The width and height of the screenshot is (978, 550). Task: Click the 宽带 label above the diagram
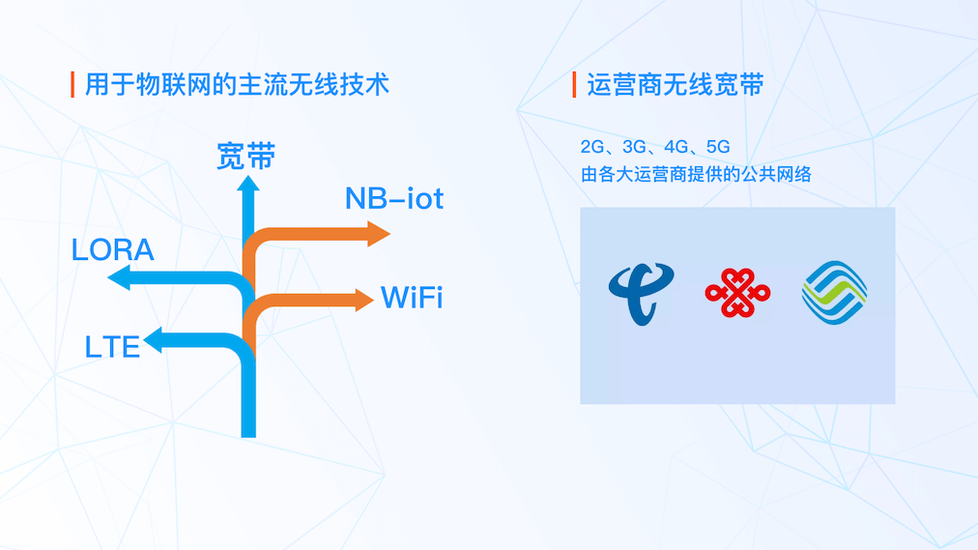(x=245, y=156)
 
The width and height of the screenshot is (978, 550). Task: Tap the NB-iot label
(x=394, y=198)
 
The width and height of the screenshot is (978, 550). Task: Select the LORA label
(x=112, y=249)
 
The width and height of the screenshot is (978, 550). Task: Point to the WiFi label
(x=412, y=297)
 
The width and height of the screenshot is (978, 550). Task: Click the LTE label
(x=113, y=345)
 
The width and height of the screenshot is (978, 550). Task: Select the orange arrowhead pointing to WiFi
(x=364, y=300)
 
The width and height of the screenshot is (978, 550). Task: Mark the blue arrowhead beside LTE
(x=153, y=340)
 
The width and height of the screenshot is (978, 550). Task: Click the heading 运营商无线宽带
(x=676, y=85)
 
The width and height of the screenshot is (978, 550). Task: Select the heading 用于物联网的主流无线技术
(x=237, y=84)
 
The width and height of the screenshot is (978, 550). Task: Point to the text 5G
(x=718, y=147)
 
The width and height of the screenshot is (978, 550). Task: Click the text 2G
(x=591, y=147)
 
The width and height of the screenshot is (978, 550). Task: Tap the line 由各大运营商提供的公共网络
(x=696, y=175)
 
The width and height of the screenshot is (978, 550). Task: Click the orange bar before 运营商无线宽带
(x=574, y=85)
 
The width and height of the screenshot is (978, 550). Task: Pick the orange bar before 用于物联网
(x=72, y=84)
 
